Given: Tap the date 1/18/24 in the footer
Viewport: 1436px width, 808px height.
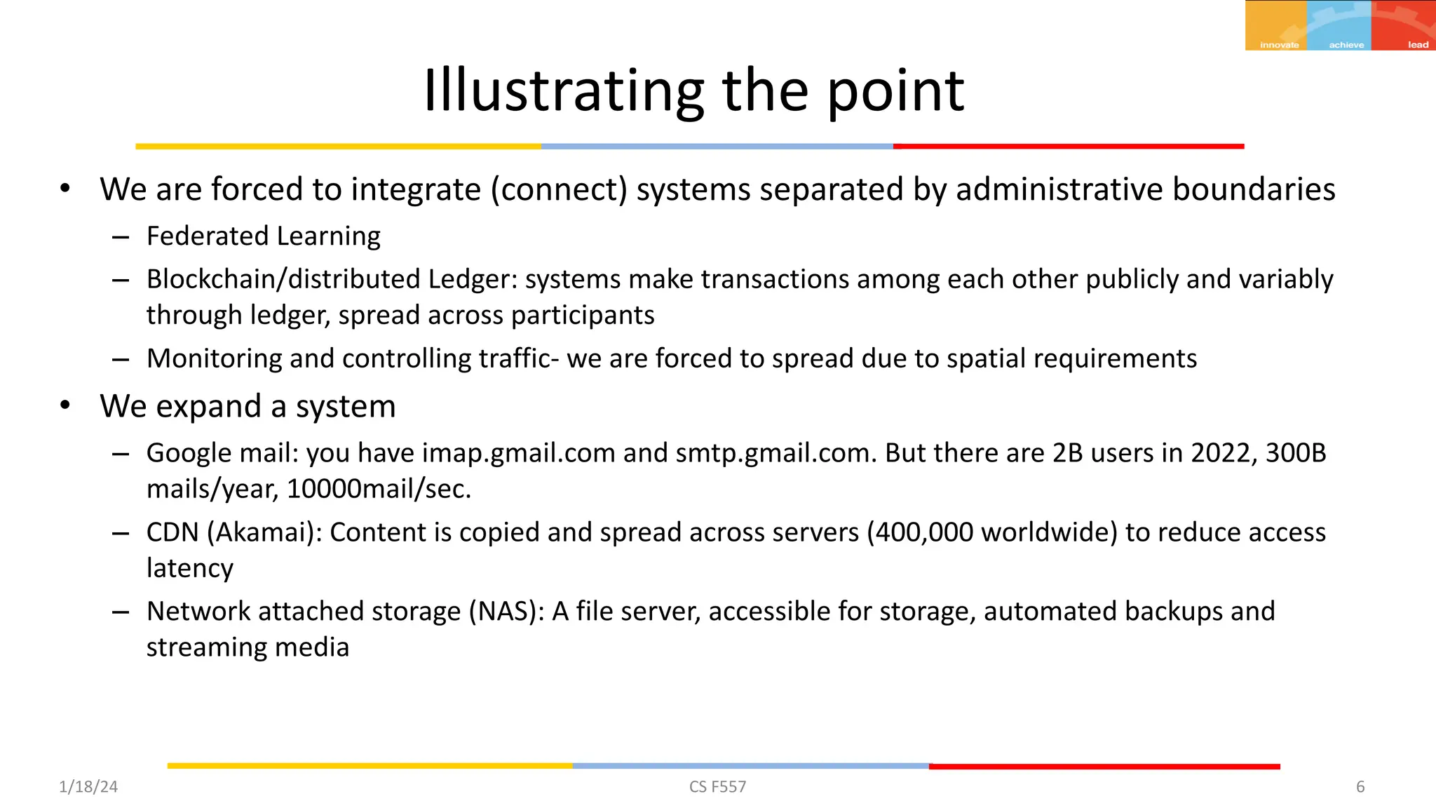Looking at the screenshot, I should pyautogui.click(x=88, y=787).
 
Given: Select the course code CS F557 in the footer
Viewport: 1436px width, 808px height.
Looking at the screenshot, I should pyautogui.click(x=717, y=787).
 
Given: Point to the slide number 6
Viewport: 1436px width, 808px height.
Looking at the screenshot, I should pyautogui.click(x=1360, y=787).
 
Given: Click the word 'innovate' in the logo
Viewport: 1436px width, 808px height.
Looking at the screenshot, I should pyautogui.click(x=1279, y=45).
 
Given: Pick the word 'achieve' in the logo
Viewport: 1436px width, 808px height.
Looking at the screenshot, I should pyautogui.click(x=1346, y=45).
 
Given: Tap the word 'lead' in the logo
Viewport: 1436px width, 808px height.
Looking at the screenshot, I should pyautogui.click(x=1418, y=45).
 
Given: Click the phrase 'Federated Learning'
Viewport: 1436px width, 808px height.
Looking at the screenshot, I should pyautogui.click(x=263, y=236).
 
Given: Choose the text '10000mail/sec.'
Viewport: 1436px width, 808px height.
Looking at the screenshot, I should pyautogui.click(x=379, y=489).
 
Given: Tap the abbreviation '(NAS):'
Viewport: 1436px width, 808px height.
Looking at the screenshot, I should pyautogui.click(x=506, y=612).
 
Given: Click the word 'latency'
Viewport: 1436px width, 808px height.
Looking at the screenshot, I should pyautogui.click(x=189, y=568).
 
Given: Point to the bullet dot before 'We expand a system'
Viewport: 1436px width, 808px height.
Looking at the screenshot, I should pyautogui.click(x=65, y=405).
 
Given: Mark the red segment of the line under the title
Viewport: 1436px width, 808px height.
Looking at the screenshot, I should pyautogui.click(x=1069, y=147).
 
